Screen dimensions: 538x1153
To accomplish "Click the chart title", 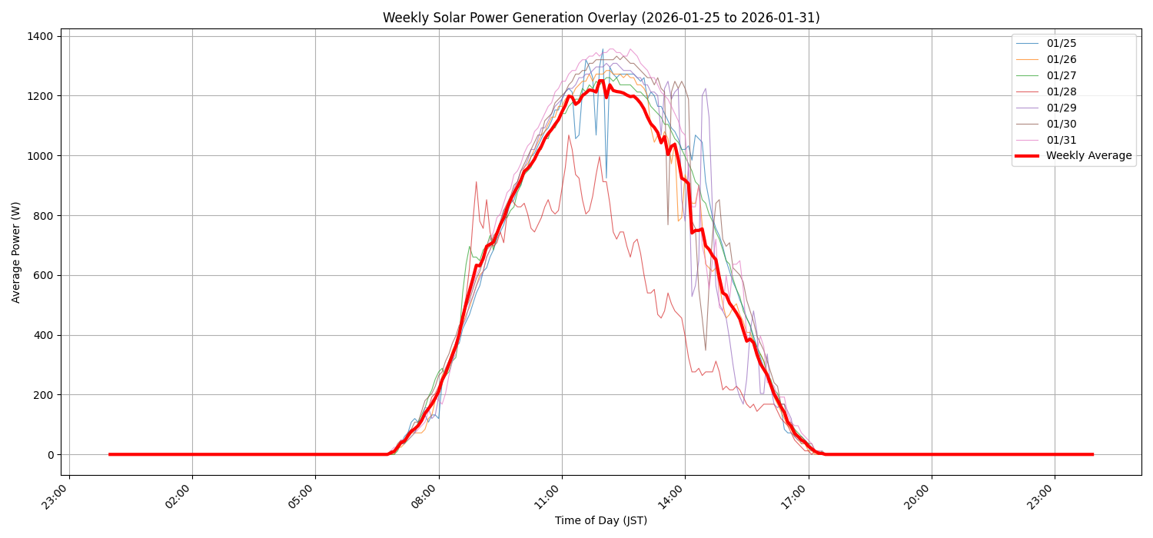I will point(601,18).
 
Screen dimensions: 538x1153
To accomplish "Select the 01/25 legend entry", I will point(1060,43).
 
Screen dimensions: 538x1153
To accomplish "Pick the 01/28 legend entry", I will point(1060,91).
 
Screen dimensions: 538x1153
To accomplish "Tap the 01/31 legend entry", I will point(1060,140).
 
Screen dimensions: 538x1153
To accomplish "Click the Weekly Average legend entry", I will point(1088,156).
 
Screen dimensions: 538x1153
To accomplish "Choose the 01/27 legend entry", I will point(1060,75).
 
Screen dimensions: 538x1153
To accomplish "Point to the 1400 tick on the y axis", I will point(40,36).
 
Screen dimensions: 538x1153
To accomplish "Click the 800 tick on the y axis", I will point(43,215).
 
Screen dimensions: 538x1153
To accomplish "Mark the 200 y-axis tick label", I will point(43,395).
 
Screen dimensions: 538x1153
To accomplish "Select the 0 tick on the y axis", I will point(50,455).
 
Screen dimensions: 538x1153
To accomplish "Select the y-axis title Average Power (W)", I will point(16,252).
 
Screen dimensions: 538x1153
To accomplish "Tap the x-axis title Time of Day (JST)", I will point(601,520).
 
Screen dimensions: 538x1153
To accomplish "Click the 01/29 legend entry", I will point(1060,108).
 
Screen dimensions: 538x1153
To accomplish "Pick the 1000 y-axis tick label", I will point(40,156).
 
